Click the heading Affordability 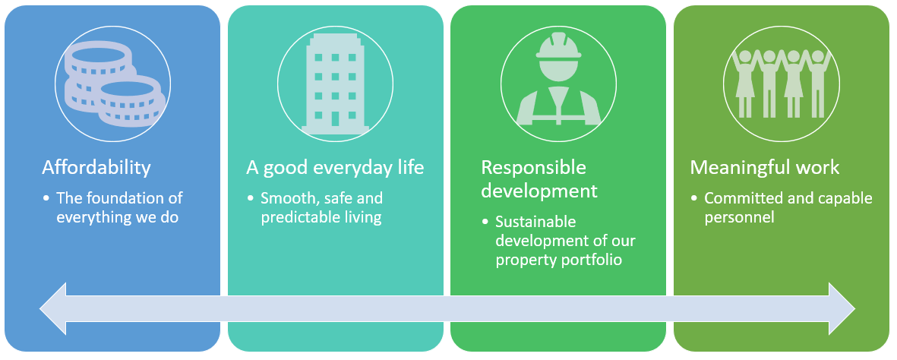click(96, 168)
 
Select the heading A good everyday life click(335, 168)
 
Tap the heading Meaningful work click(765, 167)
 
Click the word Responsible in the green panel click(534, 168)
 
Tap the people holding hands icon click(782, 84)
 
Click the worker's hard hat click(558, 46)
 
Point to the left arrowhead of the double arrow click(53, 309)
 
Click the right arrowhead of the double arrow click(842, 309)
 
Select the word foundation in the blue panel click(123, 198)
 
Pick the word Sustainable click(535, 222)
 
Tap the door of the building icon click(335, 118)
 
